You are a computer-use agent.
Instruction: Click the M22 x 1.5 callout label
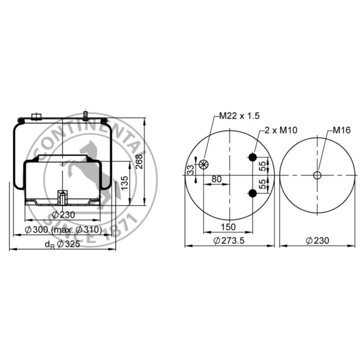point(239,116)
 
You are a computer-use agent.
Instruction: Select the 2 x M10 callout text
point(281,130)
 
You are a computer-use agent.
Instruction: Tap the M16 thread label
point(342,130)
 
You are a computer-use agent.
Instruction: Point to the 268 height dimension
point(139,162)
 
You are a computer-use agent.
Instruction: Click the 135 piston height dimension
point(124,183)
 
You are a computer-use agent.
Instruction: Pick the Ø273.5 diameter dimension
point(229,240)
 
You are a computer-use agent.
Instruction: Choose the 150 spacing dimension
point(228,227)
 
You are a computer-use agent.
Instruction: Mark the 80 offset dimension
point(217,179)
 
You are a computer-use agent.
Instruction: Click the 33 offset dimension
point(190,170)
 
